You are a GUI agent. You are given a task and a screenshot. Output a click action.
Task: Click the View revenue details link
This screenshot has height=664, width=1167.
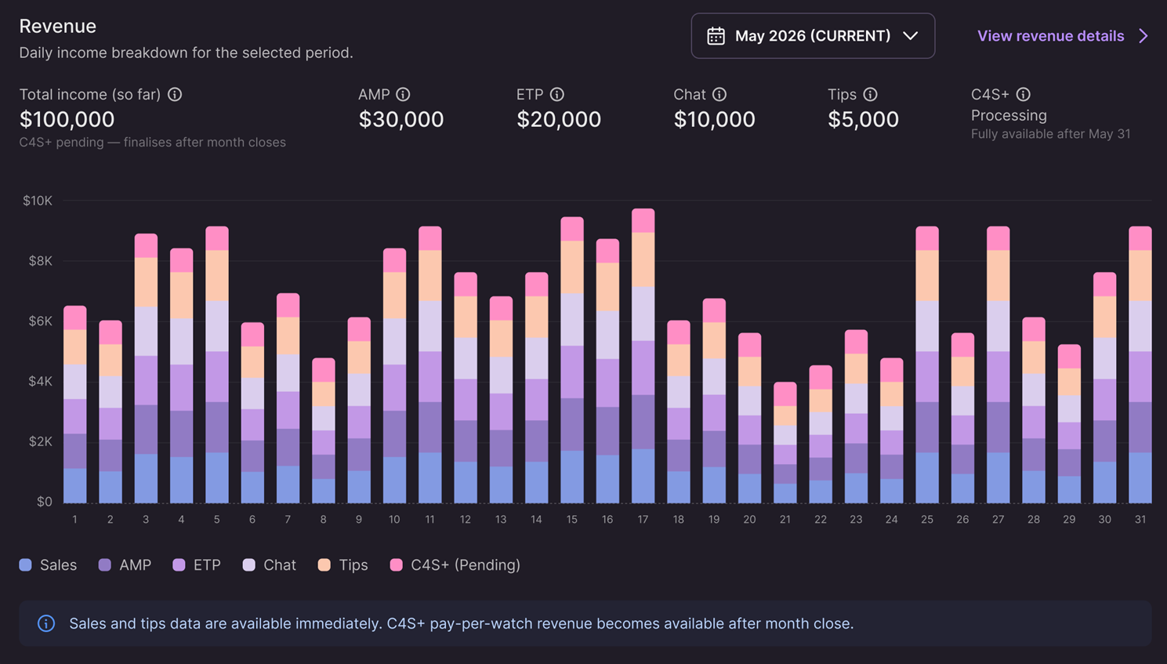tap(1062, 36)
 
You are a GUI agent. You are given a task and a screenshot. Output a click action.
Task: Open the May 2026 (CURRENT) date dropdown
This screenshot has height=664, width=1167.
tap(813, 36)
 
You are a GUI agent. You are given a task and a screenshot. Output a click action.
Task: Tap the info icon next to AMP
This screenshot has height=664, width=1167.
tap(403, 94)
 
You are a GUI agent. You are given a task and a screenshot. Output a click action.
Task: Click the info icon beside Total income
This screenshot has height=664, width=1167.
tap(175, 94)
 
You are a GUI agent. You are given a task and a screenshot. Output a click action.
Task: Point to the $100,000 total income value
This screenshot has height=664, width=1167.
tap(67, 119)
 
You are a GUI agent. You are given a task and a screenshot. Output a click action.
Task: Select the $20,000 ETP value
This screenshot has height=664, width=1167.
tap(559, 119)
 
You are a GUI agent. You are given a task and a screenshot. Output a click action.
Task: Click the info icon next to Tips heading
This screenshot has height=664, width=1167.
tap(870, 94)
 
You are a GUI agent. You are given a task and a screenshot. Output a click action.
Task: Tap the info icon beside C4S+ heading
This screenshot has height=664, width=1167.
tap(1024, 94)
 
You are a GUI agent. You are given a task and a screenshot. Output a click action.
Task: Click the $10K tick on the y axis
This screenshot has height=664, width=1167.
tap(38, 201)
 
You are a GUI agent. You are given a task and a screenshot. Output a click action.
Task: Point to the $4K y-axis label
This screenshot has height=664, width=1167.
tap(40, 382)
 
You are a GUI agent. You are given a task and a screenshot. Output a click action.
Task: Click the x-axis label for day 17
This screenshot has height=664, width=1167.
tap(643, 520)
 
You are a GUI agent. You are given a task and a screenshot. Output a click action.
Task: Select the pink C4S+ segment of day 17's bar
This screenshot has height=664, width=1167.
tap(643, 220)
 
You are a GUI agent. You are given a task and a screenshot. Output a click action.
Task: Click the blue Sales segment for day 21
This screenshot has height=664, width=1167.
tap(785, 493)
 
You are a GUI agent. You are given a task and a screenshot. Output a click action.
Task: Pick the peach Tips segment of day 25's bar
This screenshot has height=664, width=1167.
tap(927, 275)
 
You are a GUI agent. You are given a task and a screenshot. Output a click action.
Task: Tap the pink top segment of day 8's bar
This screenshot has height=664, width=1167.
tap(324, 370)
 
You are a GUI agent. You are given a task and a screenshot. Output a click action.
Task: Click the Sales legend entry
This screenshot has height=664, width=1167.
tap(48, 565)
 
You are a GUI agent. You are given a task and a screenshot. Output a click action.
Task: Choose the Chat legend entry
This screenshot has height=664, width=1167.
tap(270, 565)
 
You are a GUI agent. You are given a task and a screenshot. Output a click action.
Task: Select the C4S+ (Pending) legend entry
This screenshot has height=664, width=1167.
tap(455, 565)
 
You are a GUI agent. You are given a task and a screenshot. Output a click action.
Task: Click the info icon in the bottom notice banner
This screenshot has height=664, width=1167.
tap(45, 623)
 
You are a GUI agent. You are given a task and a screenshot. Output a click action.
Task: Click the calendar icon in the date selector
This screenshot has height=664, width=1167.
tap(716, 36)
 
